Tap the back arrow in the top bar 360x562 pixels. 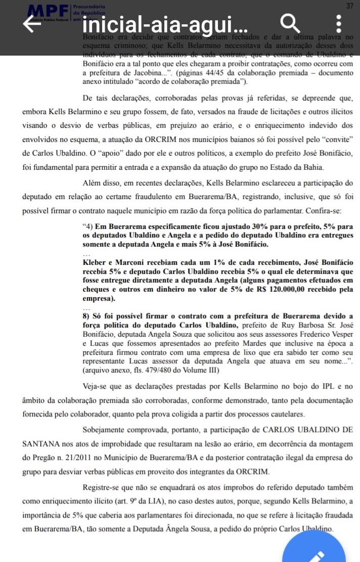32,24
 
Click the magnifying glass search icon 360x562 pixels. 290,23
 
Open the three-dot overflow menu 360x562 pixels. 339,23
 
